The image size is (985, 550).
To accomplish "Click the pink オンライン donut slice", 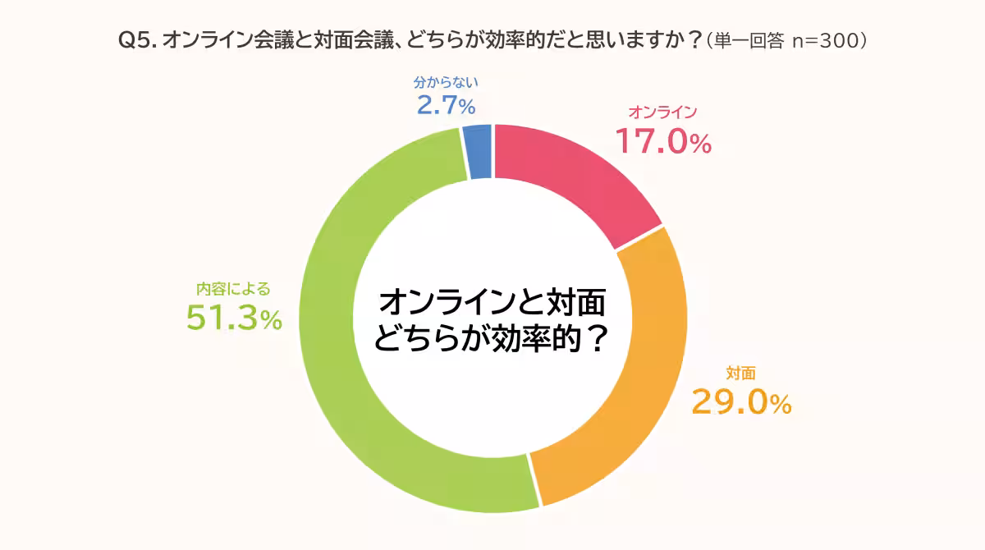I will coord(575,176).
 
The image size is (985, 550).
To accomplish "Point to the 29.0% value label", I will coord(741,402).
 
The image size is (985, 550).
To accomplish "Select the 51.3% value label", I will coord(234,319).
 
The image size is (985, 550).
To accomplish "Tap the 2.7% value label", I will coord(445,105).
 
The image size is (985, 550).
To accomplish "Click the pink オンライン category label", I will coord(662,112).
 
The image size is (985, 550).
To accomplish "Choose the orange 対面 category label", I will coord(740,373).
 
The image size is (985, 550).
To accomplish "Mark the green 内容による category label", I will coord(233,289).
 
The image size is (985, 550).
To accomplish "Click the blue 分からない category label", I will coord(445,82).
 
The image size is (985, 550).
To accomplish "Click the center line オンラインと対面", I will coord(492,303).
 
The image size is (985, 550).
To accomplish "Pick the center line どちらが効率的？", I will coord(492,338).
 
